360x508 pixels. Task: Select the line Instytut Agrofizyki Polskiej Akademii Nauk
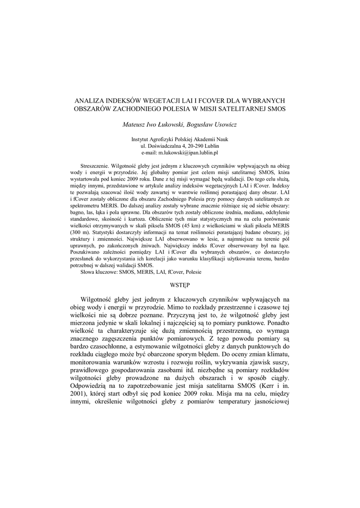(x=179, y=140)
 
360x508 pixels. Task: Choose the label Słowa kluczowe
(x=99, y=272)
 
